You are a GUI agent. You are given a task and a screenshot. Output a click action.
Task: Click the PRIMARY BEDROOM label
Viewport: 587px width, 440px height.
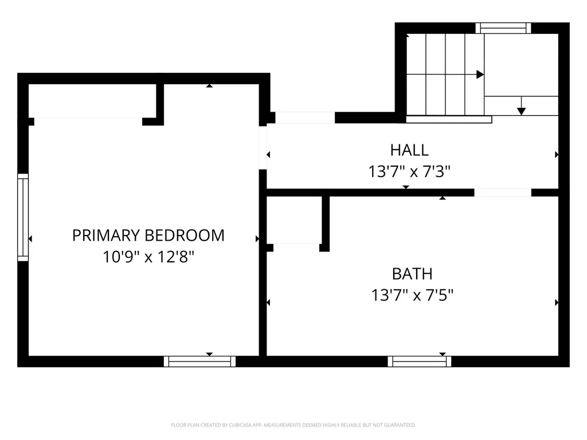point(148,235)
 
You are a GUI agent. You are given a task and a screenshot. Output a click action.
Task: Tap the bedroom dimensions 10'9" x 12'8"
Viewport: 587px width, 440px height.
point(148,257)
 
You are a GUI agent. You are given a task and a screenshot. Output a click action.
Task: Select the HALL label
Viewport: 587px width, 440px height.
point(409,150)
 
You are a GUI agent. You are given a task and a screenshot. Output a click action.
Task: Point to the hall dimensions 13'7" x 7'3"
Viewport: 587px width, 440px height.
point(409,172)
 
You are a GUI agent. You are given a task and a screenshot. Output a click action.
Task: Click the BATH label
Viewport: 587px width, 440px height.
point(412,274)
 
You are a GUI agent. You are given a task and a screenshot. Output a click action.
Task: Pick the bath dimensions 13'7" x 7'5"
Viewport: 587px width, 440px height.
point(412,295)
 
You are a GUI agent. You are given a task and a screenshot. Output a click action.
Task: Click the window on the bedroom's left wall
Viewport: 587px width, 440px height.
point(23,217)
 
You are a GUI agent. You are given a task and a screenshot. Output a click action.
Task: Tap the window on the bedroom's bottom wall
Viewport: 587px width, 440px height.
point(199,362)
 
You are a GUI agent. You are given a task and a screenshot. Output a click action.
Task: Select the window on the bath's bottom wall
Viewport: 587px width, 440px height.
point(419,362)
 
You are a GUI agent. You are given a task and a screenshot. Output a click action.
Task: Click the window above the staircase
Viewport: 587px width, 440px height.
point(503,28)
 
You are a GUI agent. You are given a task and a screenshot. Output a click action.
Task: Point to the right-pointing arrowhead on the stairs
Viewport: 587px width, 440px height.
point(480,74)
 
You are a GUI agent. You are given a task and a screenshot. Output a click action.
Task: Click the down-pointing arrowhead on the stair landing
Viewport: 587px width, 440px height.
point(521,111)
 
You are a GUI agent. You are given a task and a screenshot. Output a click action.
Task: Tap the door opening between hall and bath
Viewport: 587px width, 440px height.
point(503,192)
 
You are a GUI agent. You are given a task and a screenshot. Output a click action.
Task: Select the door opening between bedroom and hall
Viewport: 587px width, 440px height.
point(263,148)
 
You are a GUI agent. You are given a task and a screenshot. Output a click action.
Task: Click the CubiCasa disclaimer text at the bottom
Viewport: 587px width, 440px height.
point(293,425)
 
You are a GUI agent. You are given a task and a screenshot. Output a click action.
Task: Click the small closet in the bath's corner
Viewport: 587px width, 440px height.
point(294,220)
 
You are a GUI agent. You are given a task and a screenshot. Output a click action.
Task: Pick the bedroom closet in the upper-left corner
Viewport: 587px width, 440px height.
point(92,101)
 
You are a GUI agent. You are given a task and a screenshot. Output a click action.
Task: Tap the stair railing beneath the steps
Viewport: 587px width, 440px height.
point(449,119)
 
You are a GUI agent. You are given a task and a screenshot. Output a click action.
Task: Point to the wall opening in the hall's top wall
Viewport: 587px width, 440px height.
point(305,117)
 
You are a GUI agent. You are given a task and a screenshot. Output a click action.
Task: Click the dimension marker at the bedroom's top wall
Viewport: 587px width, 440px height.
point(209,86)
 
